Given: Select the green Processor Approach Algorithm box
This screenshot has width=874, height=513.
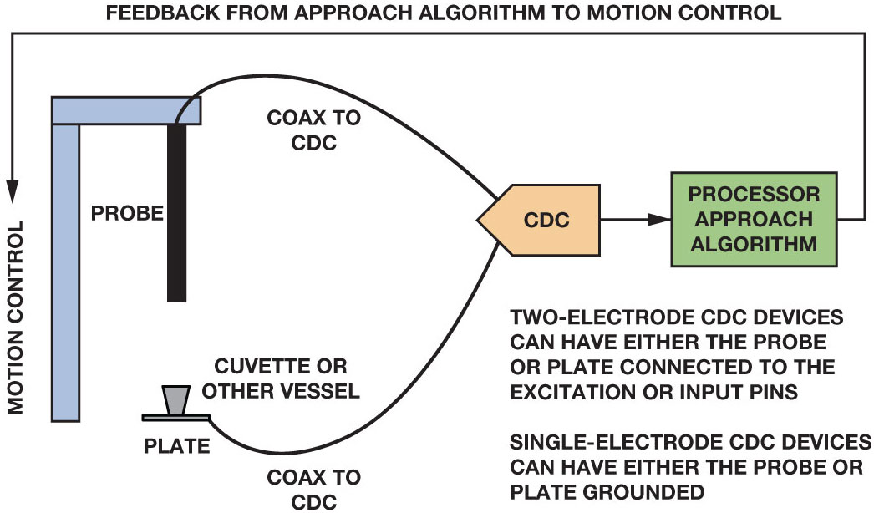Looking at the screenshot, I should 754,219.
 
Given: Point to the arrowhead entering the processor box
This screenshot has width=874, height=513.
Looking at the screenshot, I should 661,220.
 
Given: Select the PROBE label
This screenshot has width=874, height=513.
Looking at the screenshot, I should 127,213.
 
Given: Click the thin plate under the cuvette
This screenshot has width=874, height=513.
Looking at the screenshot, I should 175,417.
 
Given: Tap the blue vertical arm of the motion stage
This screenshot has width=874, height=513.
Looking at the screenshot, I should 65,267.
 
